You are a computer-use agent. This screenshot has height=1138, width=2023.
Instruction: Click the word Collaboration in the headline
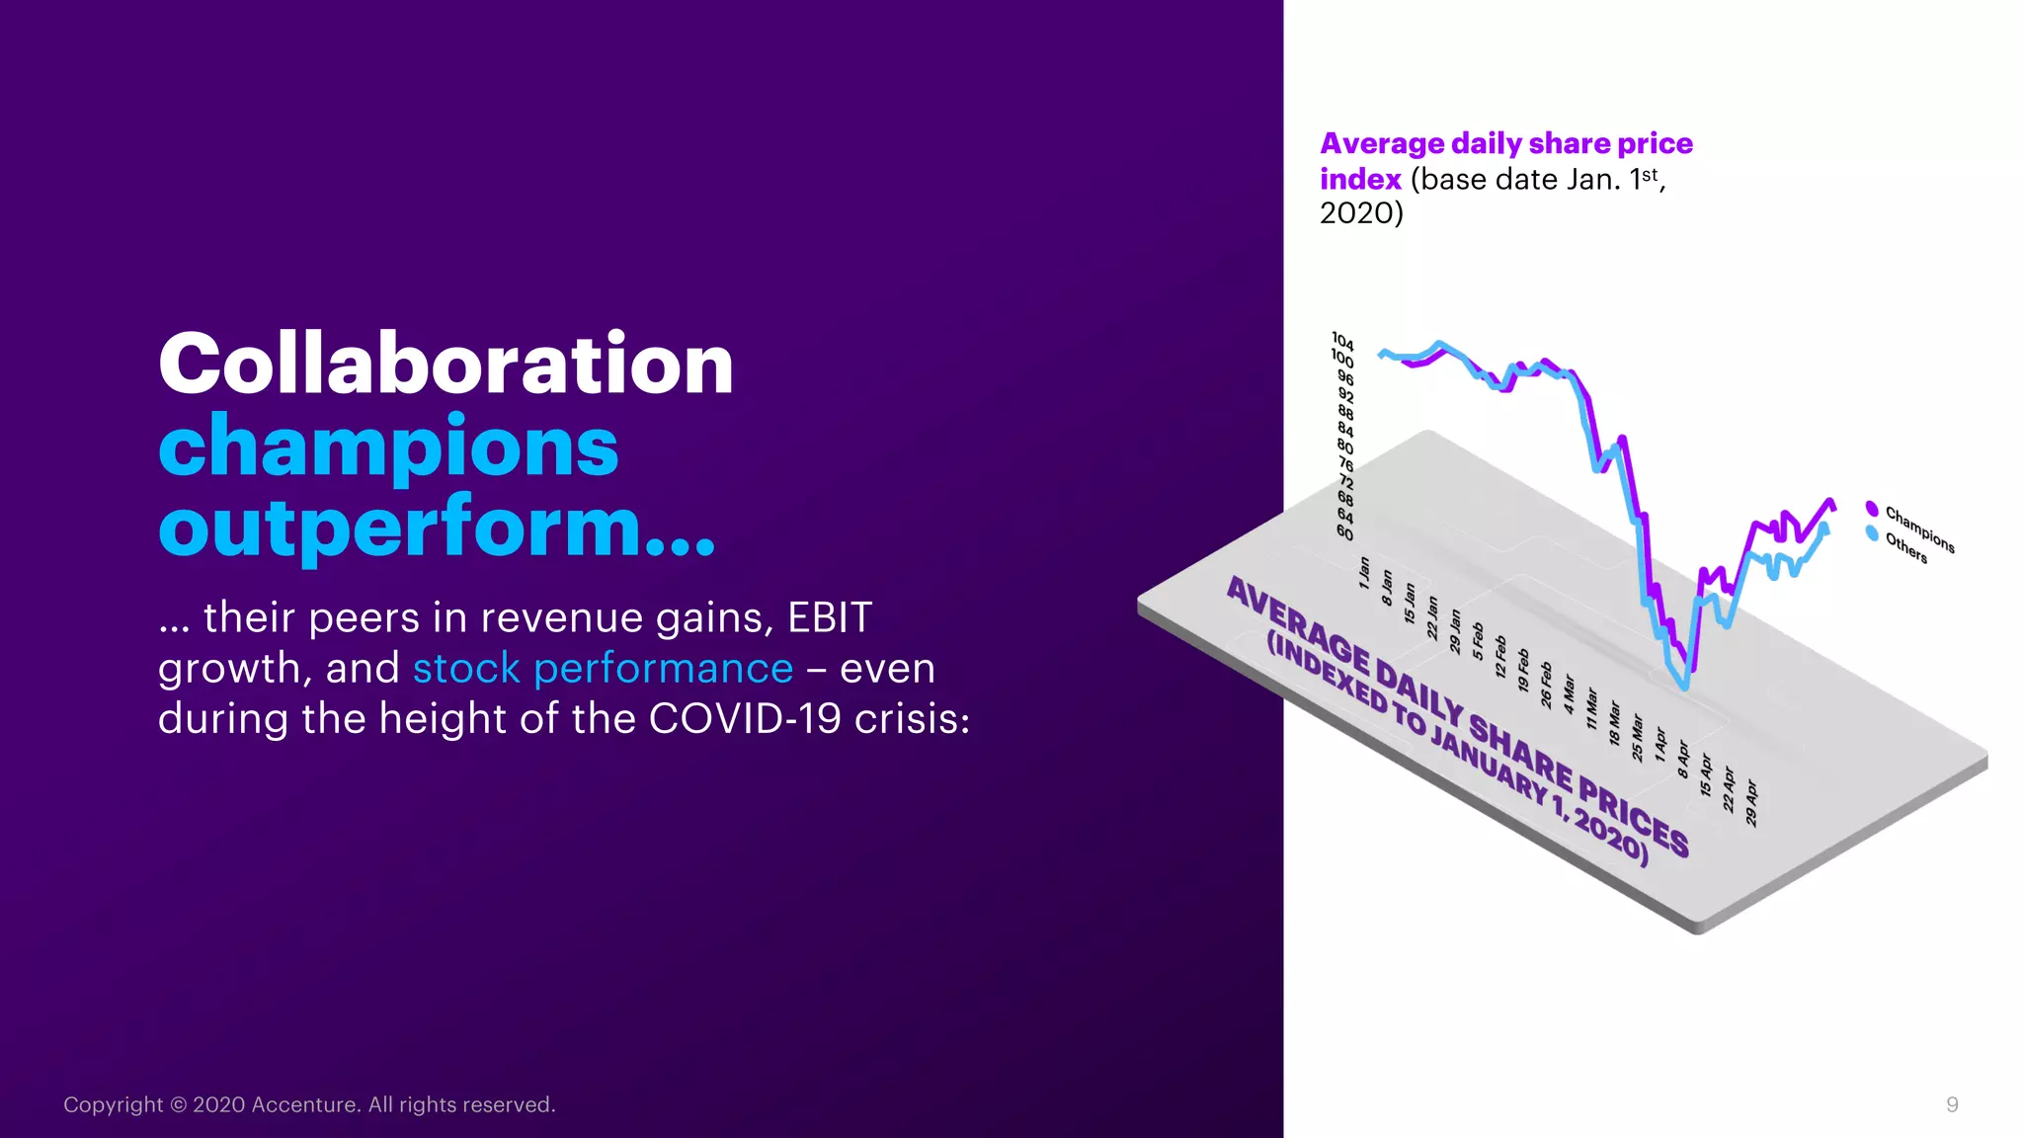(445, 365)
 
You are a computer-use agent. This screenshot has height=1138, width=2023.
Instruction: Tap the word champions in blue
(388, 447)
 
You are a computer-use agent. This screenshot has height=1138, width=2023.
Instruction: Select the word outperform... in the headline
(436, 528)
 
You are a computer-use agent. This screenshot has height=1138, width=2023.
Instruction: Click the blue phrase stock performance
(603, 669)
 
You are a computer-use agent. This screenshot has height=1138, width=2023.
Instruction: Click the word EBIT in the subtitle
(829, 618)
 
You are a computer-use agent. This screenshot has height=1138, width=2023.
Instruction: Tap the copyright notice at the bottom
(309, 1104)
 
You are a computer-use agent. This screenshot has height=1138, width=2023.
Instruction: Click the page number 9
(1952, 1104)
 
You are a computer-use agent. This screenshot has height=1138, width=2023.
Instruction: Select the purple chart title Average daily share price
(1505, 144)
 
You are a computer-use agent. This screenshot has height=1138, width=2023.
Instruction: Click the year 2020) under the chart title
(1361, 213)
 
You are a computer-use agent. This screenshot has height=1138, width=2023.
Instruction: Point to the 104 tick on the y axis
(1342, 341)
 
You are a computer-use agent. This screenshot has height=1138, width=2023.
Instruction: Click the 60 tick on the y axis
(1344, 533)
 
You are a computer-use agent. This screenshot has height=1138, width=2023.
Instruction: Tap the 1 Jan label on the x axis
(1364, 573)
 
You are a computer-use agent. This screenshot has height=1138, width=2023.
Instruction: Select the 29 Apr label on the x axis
(1751, 803)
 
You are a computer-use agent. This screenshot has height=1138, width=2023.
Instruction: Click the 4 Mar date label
(1569, 694)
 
